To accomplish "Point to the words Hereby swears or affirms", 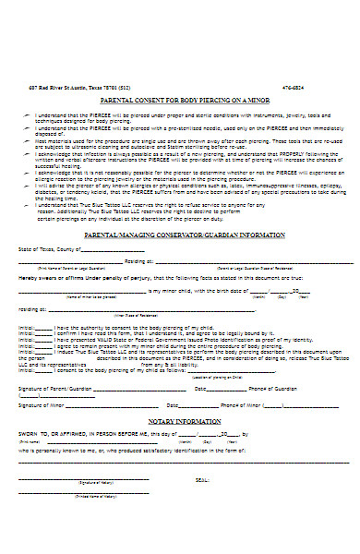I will point(55,275).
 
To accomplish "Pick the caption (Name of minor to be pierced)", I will point(92,296).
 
